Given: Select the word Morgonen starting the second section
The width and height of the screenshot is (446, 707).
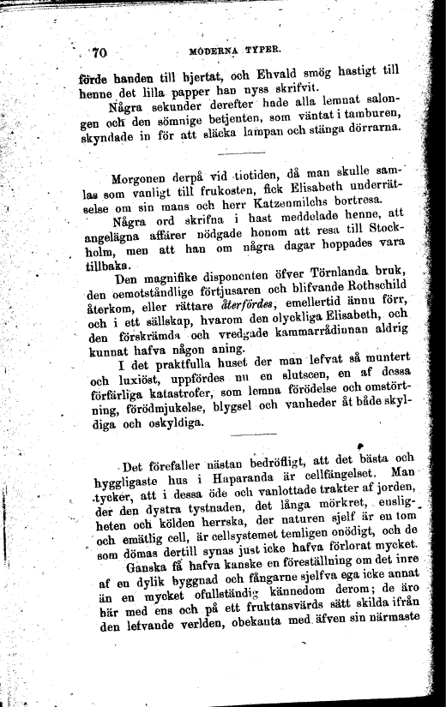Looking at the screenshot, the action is pyautogui.click(x=143, y=179).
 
